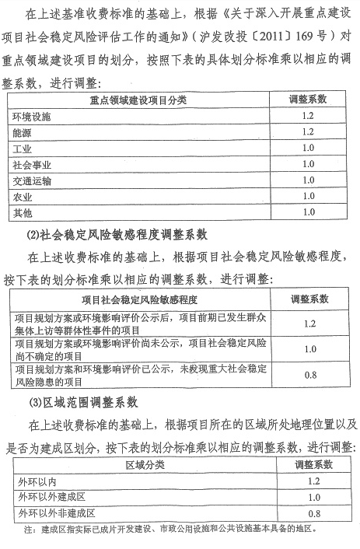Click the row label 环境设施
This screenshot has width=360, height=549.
(x=32, y=117)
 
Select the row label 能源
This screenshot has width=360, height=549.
(x=23, y=132)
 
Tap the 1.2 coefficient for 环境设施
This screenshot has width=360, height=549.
(x=308, y=117)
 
